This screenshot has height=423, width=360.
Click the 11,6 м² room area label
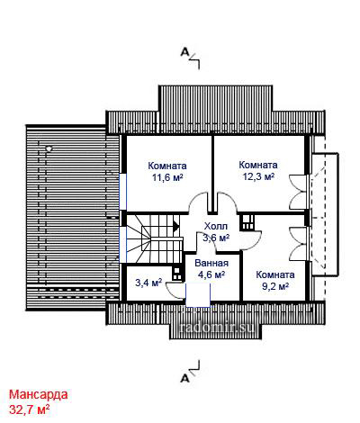[x=167, y=177]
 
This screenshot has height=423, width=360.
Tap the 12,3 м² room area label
[x=258, y=176]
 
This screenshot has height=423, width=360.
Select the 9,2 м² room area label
[x=275, y=286]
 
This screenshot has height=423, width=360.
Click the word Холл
[x=216, y=226]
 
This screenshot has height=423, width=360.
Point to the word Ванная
[x=211, y=263]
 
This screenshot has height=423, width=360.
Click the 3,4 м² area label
[x=148, y=283]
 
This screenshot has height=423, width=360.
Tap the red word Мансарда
[x=38, y=394]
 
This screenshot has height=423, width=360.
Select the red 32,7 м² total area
[x=30, y=409]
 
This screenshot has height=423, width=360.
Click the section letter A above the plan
[x=184, y=52]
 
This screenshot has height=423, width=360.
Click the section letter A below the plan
[x=184, y=379]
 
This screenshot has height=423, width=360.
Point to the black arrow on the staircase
[x=175, y=226]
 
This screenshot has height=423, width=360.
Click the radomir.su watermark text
[x=217, y=327]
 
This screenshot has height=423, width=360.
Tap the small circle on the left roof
[x=49, y=148]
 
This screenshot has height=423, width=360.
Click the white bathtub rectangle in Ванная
[x=198, y=295]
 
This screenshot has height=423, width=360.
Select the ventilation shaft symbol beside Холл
[x=248, y=222]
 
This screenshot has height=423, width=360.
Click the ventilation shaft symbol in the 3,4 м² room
[x=177, y=273]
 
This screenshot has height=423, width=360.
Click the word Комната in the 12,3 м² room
[x=258, y=165]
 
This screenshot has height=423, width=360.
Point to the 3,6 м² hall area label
[x=216, y=238]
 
